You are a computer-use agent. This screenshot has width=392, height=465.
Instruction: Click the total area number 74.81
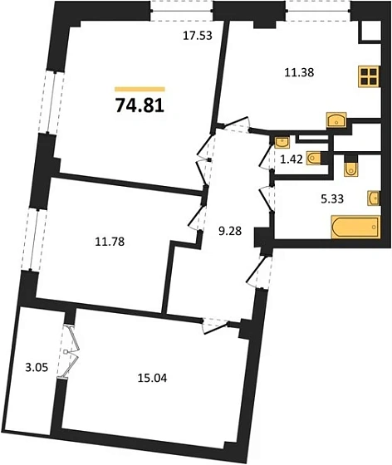(x=138, y=105)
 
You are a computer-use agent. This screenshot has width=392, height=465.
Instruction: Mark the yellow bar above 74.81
(x=140, y=88)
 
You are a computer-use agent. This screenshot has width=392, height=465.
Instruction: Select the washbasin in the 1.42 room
(x=281, y=141)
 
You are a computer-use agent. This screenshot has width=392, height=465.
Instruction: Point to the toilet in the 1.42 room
(x=314, y=158)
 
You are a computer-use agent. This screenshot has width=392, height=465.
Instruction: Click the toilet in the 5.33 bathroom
(x=349, y=169)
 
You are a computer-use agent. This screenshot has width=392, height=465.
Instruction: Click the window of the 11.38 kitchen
(x=317, y=11)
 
